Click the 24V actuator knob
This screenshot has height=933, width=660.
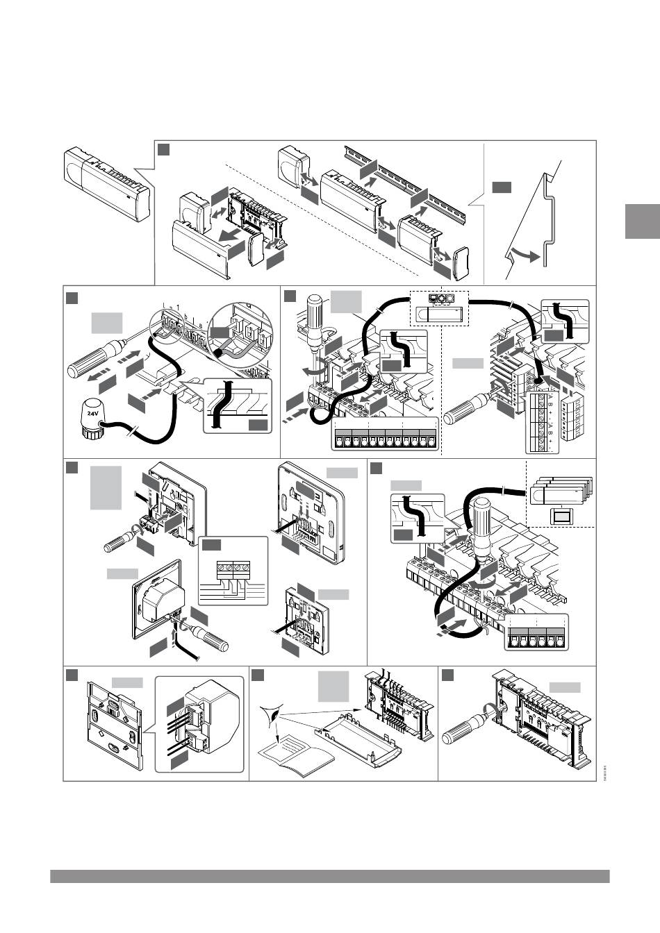91,419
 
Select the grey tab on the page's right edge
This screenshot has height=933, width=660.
642,221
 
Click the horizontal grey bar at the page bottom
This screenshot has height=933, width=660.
329,876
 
